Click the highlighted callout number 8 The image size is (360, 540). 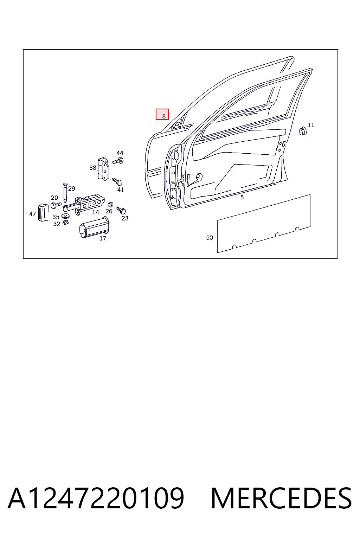[164, 116]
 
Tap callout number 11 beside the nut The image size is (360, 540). [311, 125]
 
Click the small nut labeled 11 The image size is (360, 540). [302, 131]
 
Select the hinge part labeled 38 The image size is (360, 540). [103, 169]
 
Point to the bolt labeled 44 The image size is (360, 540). [118, 160]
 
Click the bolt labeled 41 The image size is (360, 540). [117, 181]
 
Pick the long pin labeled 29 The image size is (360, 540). [65, 192]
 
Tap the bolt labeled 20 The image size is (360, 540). [56, 205]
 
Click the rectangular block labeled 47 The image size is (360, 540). [43, 212]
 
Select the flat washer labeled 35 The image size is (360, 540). [64, 216]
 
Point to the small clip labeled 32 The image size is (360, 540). [66, 223]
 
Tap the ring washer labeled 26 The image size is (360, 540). [110, 205]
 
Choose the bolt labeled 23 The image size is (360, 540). [121, 210]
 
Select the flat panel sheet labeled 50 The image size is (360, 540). [264, 224]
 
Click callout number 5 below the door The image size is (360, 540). [242, 198]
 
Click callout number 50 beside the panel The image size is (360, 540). [209, 238]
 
